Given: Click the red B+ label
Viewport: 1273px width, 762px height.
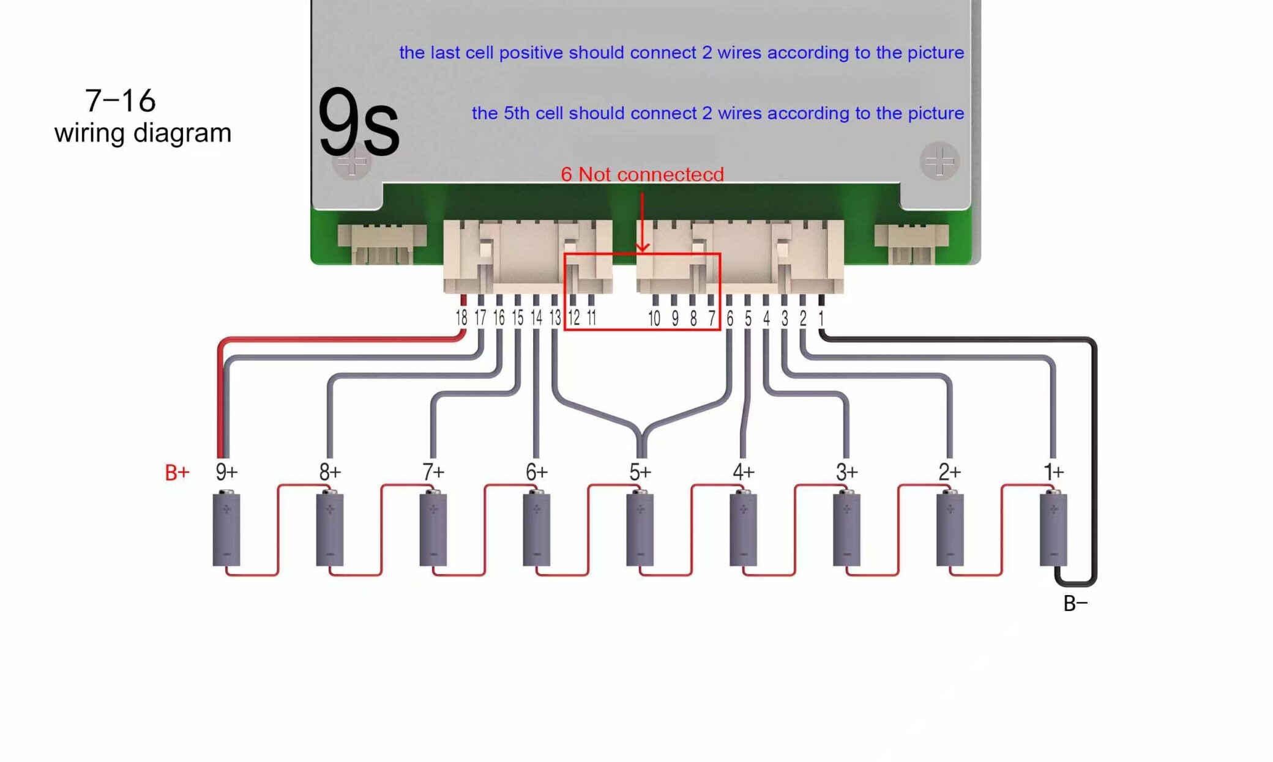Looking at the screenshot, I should click(177, 472).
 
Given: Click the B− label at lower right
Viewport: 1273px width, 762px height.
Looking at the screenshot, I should click(1075, 604).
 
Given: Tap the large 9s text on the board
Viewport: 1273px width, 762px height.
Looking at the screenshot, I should click(359, 123).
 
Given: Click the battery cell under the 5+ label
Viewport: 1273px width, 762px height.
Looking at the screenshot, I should click(640, 529).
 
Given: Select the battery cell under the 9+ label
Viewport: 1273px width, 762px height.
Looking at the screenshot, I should click(226, 529).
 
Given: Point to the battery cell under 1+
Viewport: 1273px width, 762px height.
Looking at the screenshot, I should click(1053, 529).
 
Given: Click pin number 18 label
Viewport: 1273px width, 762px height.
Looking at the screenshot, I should click(461, 318).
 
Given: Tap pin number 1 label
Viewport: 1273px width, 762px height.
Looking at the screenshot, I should click(821, 318).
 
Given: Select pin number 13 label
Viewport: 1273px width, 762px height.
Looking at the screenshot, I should click(554, 318).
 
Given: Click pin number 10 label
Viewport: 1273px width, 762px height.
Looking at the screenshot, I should click(654, 318).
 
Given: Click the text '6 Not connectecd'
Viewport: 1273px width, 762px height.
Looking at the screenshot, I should click(642, 174).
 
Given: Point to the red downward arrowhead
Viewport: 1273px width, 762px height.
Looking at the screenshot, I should click(642, 246).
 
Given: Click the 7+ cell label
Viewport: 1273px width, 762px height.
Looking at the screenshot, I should click(433, 472).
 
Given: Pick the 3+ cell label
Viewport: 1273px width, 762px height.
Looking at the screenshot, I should click(847, 472).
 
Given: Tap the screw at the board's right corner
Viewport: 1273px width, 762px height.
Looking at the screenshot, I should click(939, 162).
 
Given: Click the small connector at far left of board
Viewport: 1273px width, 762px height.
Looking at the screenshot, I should click(382, 244).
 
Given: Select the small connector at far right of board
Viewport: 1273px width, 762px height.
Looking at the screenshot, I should click(911, 243).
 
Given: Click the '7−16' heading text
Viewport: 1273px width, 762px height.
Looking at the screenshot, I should click(121, 101).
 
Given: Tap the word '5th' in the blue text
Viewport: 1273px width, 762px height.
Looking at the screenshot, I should click(517, 113).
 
